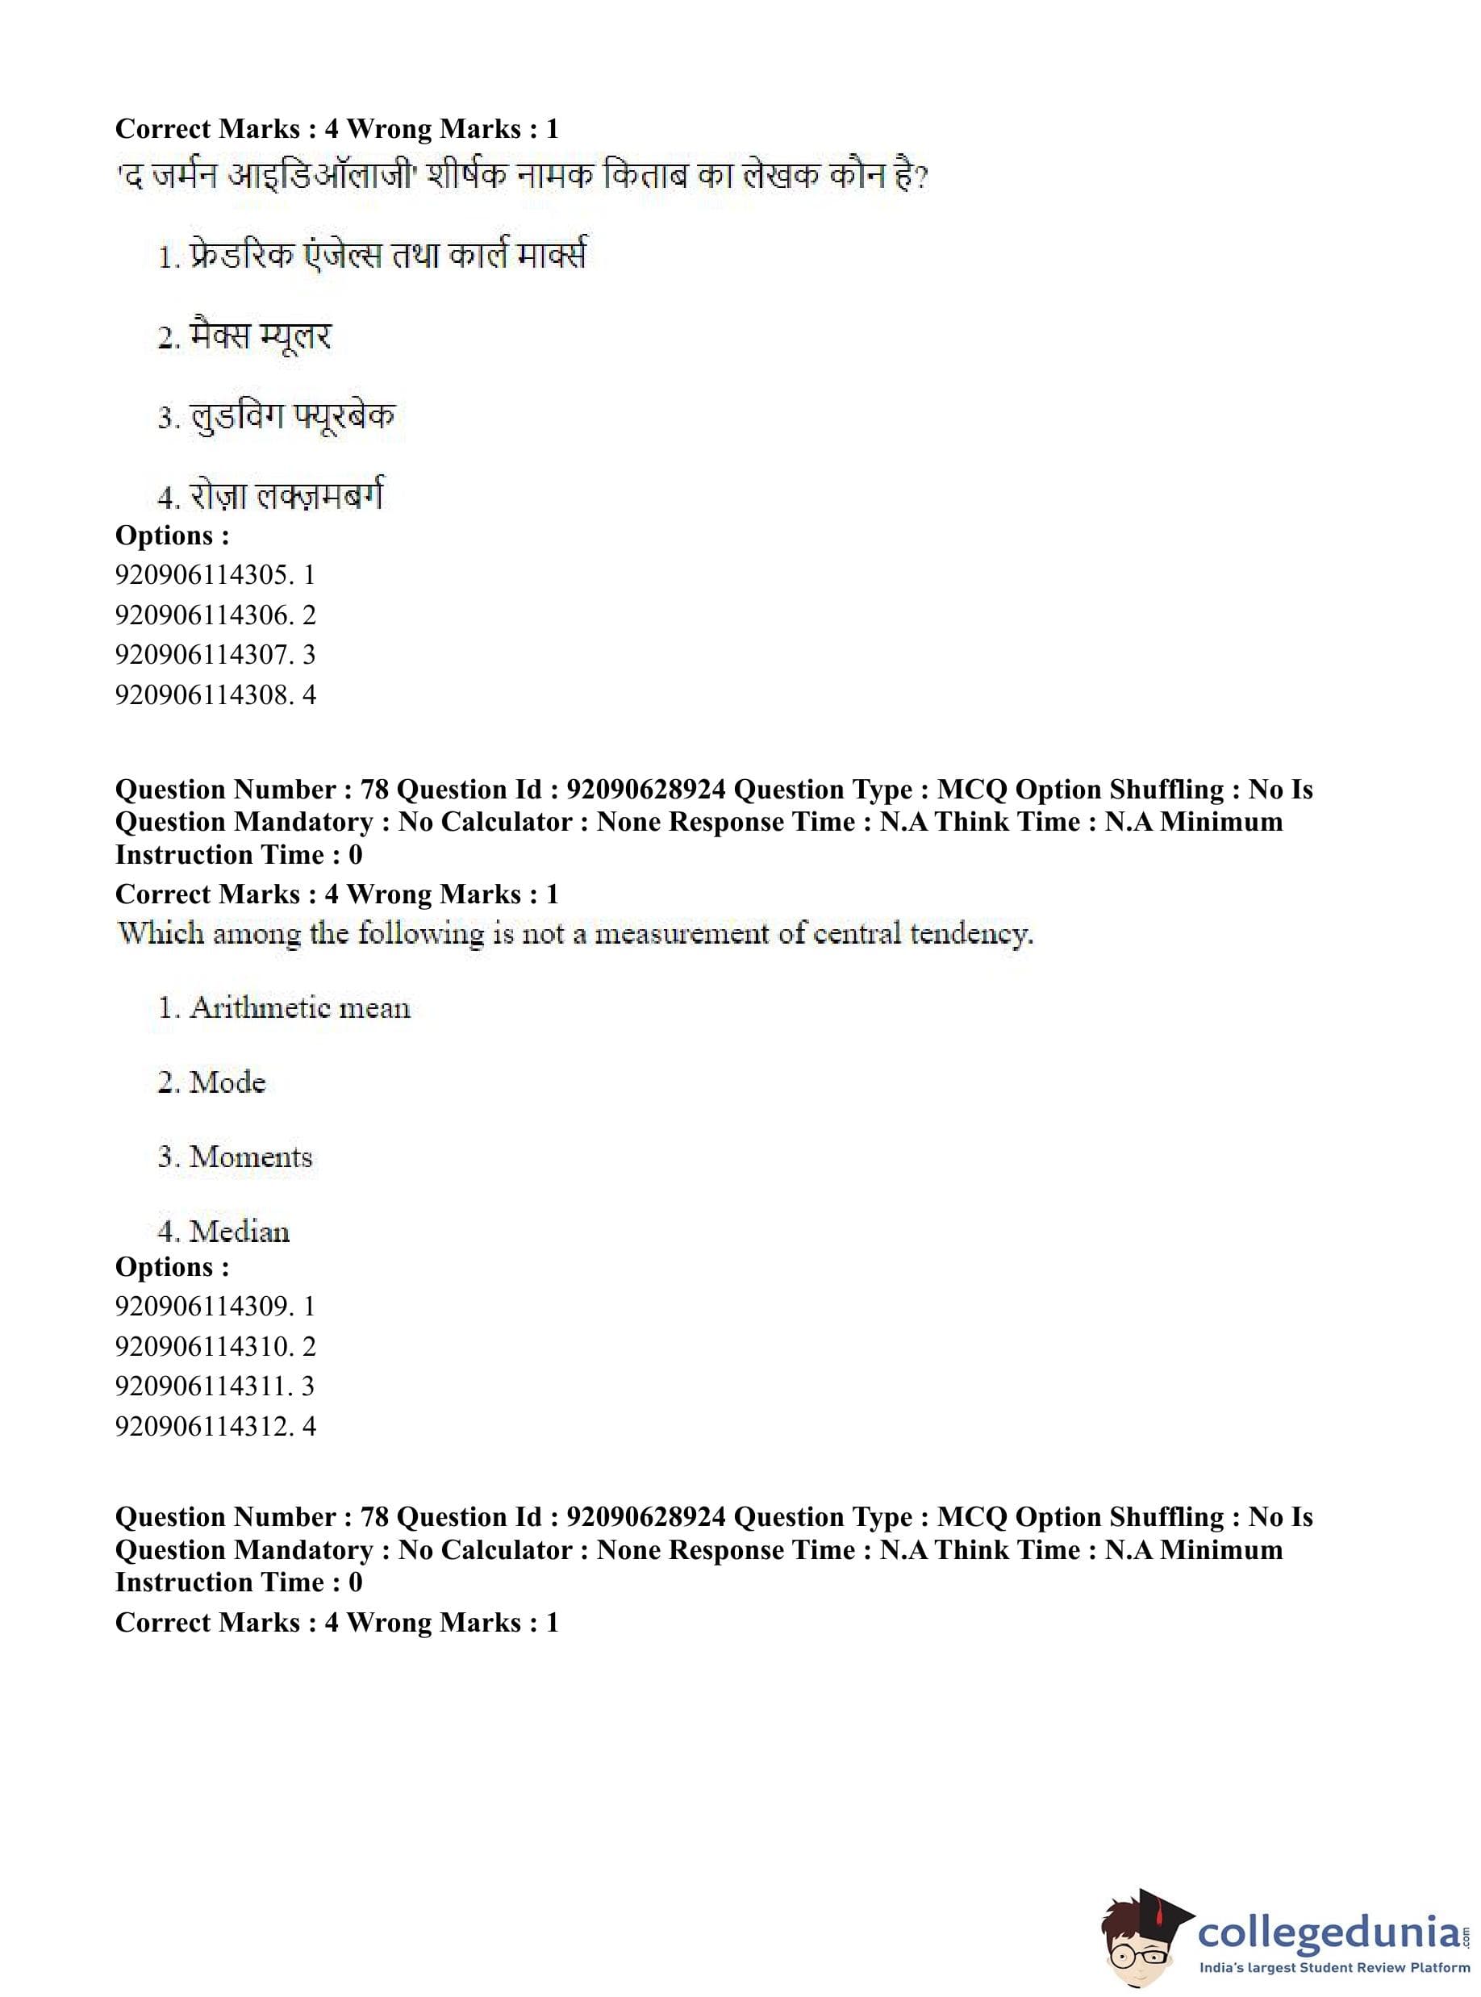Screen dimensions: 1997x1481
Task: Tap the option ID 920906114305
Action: [202, 574]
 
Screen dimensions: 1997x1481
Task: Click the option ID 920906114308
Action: [202, 694]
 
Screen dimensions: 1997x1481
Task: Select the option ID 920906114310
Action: [202, 1346]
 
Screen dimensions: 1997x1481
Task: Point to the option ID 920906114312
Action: [202, 1426]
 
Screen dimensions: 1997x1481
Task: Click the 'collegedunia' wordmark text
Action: [1329, 1929]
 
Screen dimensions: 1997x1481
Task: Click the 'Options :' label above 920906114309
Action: [172, 1266]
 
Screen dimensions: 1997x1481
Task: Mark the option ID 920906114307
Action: [202, 654]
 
